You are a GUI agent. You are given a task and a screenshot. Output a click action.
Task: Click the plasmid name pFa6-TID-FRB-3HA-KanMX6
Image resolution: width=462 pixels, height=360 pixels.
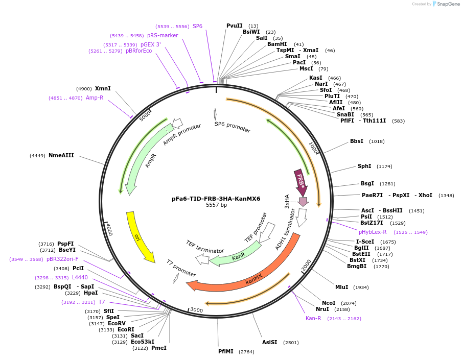[216, 199]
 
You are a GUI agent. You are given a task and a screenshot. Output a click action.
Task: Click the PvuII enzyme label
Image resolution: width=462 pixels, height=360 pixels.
[235, 26]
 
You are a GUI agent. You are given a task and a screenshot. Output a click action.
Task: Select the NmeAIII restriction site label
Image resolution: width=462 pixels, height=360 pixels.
[61, 155]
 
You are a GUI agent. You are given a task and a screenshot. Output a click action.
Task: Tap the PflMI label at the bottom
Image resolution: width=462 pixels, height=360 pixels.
[225, 351]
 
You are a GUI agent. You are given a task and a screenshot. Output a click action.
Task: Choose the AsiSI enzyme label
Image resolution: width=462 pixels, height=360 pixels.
[269, 342]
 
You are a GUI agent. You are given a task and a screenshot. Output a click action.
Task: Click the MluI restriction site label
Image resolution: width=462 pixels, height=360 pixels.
[341, 287]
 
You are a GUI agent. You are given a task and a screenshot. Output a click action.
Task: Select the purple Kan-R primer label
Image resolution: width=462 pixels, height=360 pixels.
[313, 318]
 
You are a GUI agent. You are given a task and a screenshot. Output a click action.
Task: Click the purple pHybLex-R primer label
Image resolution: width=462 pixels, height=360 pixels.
[373, 232]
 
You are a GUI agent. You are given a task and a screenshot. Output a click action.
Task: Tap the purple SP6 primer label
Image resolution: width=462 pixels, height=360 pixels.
[197, 26]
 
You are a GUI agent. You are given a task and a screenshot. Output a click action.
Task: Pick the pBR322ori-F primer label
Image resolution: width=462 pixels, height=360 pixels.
[62, 259]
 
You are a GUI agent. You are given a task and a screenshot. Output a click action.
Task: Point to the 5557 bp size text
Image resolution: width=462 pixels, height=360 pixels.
[216, 205]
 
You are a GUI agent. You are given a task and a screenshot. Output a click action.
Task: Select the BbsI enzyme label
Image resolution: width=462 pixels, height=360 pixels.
[356, 141]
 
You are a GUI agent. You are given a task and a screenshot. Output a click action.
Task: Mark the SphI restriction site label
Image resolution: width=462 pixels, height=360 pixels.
[364, 166]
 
